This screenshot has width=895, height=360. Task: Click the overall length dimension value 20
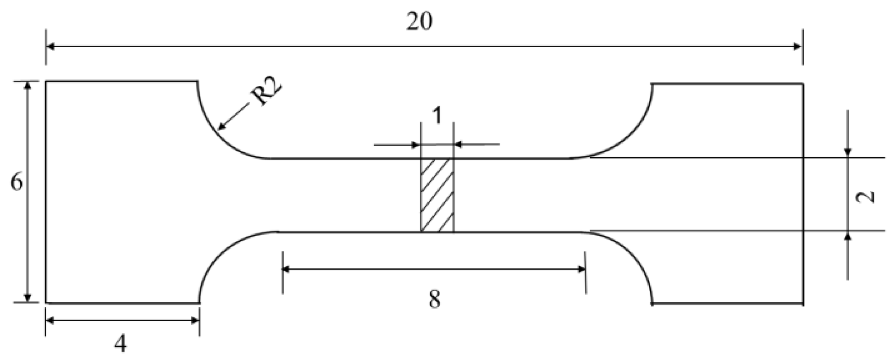point(419,22)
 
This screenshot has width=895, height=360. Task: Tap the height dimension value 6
point(17,183)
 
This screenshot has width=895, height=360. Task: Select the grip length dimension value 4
point(121,343)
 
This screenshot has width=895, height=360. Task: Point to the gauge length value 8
point(434,300)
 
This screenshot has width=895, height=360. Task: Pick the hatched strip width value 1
point(437,116)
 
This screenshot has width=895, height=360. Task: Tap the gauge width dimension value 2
point(865,196)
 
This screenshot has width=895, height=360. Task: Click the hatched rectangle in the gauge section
point(437,195)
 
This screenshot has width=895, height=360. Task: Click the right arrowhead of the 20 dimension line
point(798,46)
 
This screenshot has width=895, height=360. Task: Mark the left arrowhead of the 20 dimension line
point(50,46)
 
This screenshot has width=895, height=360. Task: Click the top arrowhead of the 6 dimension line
point(28,86)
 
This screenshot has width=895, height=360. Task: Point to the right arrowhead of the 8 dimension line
point(582,269)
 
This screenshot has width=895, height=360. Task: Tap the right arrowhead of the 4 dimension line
point(195,320)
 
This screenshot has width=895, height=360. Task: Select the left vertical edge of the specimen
point(46,193)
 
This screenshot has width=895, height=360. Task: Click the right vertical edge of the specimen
point(803,193)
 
